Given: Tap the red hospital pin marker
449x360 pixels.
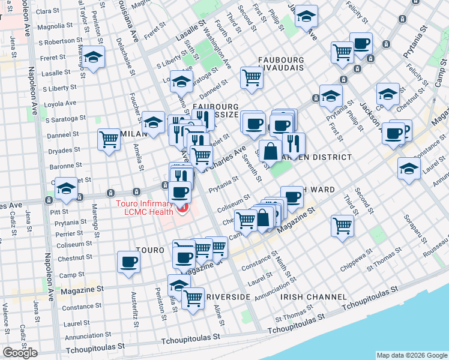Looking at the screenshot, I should (x=181, y=209).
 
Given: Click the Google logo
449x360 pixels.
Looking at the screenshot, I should (x=20, y=353).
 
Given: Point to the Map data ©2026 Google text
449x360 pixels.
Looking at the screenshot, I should (x=411, y=355).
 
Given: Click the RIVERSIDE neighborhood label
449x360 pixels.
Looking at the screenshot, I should (x=228, y=297).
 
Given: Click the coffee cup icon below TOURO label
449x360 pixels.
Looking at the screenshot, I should (x=129, y=263).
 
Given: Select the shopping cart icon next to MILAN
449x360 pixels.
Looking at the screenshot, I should (x=109, y=140).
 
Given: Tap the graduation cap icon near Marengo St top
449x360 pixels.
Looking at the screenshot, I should (x=93, y=57).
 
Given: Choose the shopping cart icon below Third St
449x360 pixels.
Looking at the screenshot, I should (x=342, y=226).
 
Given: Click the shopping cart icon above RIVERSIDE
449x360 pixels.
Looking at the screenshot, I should (x=193, y=298).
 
